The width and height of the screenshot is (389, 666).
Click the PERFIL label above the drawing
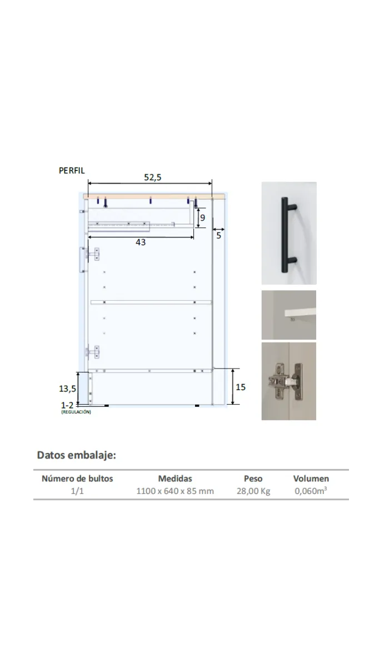(72, 171)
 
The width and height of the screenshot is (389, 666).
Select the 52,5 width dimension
(153, 177)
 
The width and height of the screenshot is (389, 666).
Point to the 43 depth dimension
(141, 243)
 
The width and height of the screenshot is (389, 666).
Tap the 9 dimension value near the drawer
(203, 218)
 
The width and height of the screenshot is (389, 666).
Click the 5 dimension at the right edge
(218, 236)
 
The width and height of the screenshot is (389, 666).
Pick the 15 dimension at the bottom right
(240, 387)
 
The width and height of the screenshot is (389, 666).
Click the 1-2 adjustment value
(68, 405)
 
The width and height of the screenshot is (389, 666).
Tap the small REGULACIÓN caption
(76, 412)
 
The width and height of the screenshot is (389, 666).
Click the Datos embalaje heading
(76, 456)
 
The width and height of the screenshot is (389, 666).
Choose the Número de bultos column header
(77, 478)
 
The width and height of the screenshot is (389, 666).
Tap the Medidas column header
(175, 478)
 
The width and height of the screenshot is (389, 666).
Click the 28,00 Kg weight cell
(253, 491)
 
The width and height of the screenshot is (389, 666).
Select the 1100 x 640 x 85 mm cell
(175, 491)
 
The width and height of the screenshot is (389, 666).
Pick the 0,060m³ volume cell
(311, 491)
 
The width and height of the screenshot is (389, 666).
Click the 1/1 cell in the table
(77, 491)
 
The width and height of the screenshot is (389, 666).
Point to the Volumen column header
(311, 478)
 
